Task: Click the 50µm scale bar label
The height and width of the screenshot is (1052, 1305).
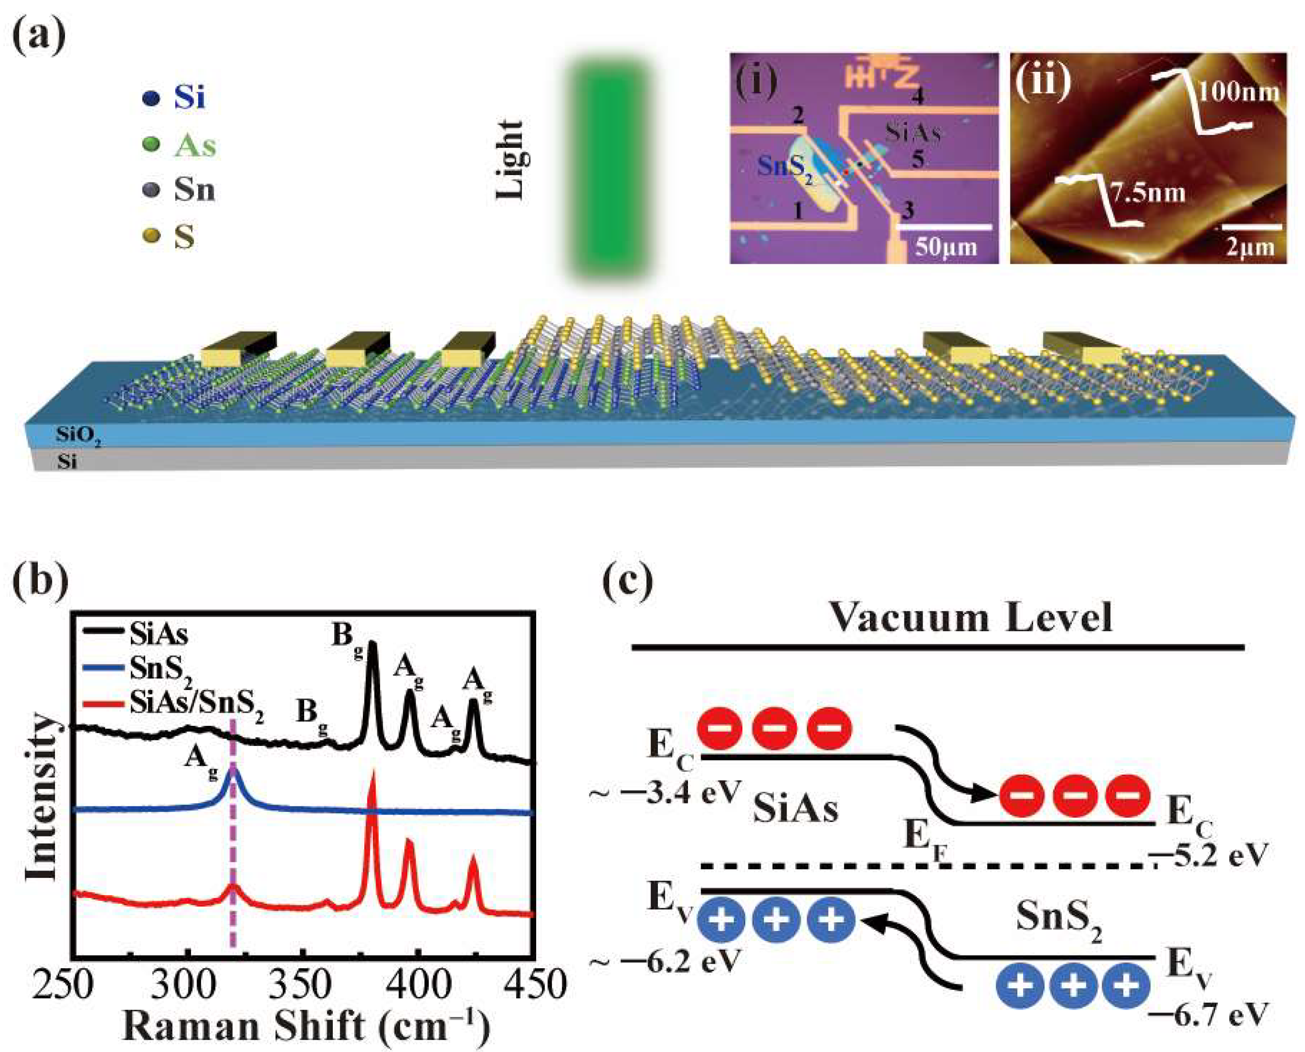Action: click(945, 247)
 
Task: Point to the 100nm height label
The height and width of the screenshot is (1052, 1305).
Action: click(1240, 93)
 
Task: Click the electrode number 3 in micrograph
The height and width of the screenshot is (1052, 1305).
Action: click(907, 210)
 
